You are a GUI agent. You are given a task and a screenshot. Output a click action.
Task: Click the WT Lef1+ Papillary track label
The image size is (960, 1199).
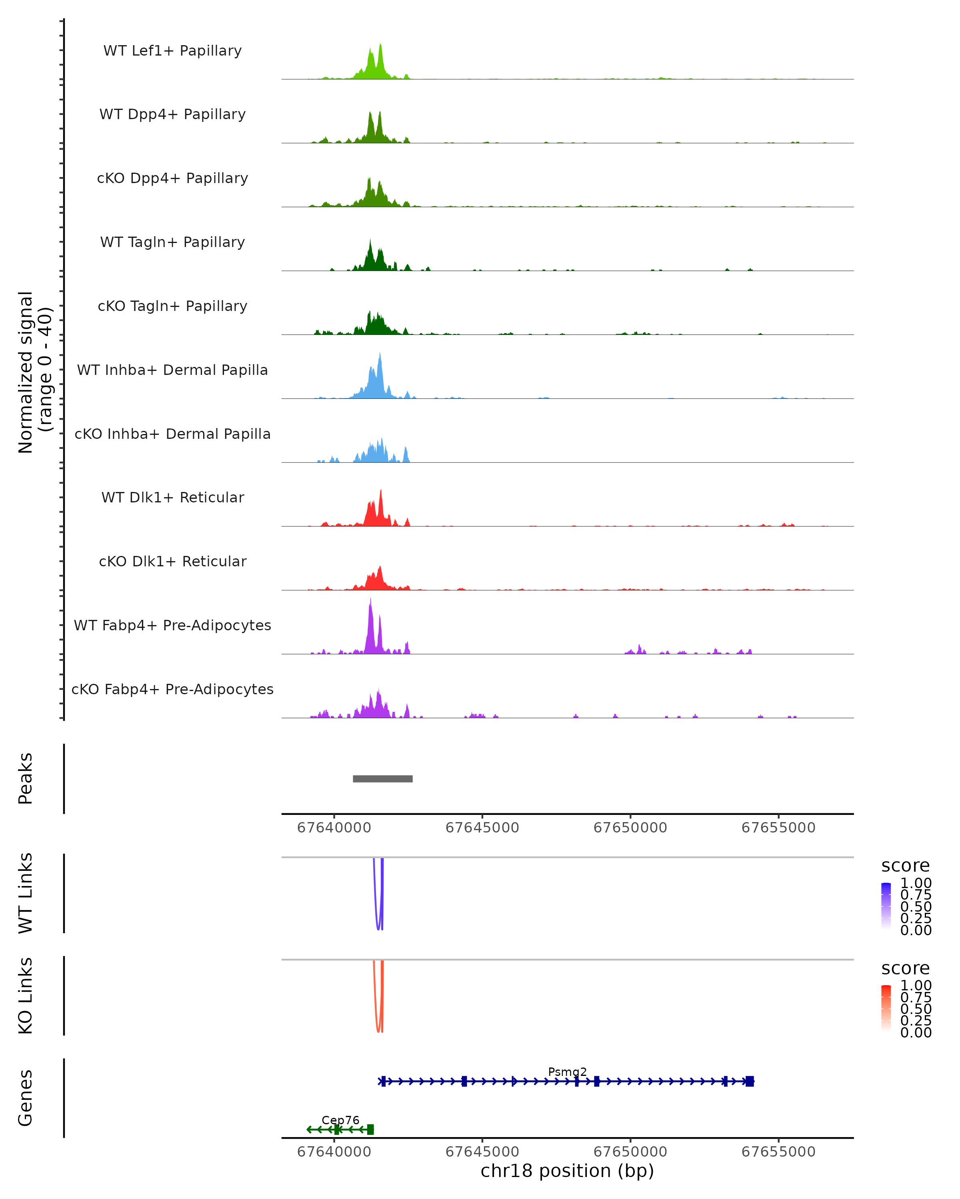coord(172,51)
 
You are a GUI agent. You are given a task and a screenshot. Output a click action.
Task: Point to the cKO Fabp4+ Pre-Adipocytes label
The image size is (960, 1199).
coord(172,689)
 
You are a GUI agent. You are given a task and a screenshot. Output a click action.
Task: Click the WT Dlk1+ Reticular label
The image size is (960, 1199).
coord(172,497)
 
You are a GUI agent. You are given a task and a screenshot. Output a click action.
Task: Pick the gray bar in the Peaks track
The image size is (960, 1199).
coord(382,779)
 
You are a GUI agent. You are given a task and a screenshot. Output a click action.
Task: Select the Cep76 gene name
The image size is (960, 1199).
coord(340,1120)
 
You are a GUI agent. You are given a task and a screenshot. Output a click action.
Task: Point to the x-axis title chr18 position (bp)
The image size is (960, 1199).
coord(567,1171)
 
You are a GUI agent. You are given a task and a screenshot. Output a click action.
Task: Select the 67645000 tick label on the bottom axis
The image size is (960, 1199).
coord(482,1151)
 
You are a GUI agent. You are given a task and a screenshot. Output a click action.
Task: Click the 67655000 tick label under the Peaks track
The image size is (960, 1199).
coord(778,828)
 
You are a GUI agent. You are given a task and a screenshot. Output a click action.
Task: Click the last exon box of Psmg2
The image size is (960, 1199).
coord(750,1081)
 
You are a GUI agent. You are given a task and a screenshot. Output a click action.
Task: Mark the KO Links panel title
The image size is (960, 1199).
coord(26,996)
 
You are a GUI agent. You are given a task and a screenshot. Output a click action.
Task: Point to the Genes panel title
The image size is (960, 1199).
coord(26,1098)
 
